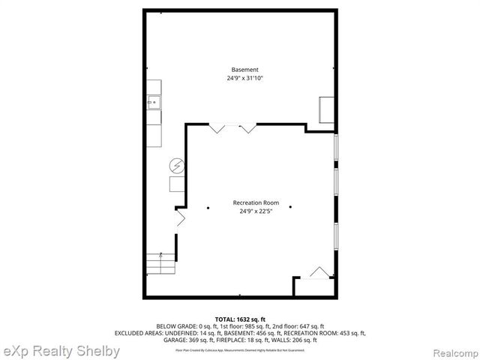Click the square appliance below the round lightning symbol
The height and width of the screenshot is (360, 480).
coord(178,184)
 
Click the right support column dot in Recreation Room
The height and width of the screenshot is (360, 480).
coord(290,208)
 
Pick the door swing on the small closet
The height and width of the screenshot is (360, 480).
coord(319,272)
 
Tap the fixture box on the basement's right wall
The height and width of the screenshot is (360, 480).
coord(327,109)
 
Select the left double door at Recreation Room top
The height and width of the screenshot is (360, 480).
coord(218,129)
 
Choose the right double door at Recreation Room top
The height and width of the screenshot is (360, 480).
coord(247,129)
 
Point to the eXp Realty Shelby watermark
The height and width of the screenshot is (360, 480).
coord(61,351)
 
